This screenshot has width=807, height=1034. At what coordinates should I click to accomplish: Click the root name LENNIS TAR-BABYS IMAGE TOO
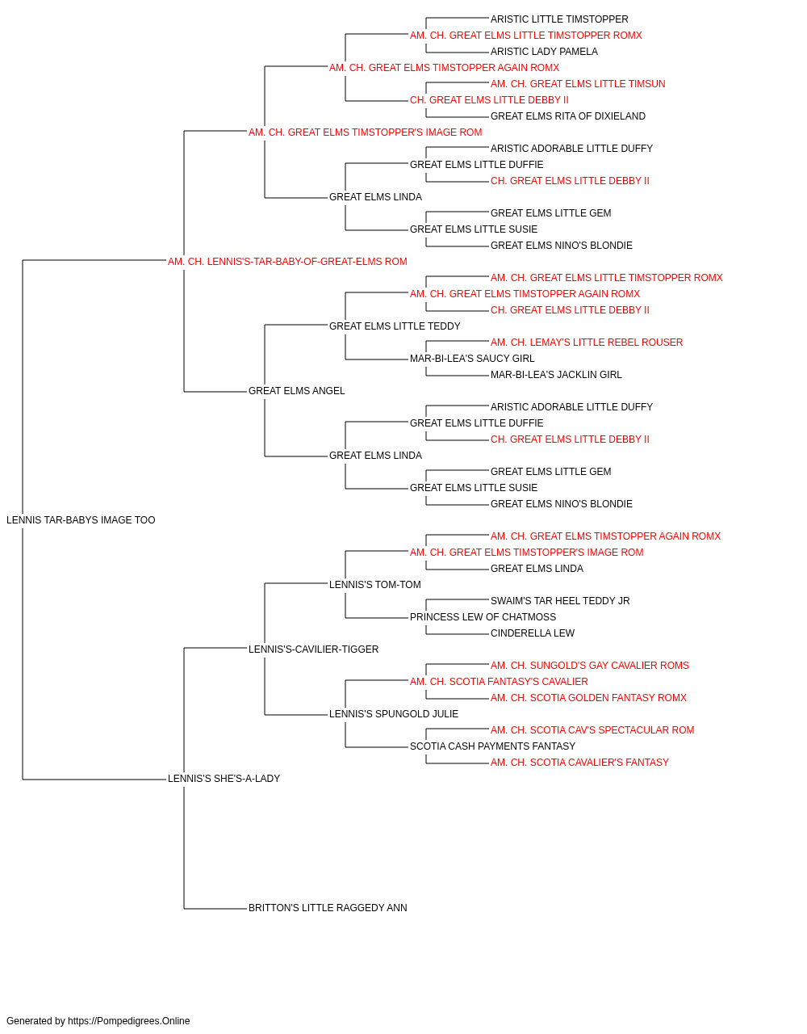81,520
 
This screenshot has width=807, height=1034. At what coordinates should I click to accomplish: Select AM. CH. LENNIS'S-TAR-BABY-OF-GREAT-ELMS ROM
287,262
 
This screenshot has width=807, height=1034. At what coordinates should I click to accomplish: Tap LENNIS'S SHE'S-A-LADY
224,779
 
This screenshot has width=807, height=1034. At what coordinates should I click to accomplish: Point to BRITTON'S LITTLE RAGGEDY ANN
328,908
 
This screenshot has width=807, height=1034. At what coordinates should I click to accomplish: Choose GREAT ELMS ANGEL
296,391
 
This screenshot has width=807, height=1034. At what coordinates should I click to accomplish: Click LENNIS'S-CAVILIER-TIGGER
313,649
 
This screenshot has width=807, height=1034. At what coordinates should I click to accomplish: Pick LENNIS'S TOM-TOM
375,585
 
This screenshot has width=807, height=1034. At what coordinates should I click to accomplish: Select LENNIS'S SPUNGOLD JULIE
394,714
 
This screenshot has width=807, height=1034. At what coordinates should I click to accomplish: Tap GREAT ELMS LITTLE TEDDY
395,326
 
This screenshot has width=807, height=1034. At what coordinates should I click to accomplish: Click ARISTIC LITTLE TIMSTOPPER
559,19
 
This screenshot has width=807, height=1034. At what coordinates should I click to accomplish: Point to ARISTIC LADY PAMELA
544,52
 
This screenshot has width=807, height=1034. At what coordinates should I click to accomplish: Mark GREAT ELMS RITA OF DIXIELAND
568,116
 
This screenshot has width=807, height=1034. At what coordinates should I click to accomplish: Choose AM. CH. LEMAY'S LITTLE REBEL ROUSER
587,343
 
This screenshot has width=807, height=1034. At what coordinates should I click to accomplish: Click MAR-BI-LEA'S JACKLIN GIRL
556,375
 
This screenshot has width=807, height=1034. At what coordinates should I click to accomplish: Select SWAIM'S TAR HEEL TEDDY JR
560,601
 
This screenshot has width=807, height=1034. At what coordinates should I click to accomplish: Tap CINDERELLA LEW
533,633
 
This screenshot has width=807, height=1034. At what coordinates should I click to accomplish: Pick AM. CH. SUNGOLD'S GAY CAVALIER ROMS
590,666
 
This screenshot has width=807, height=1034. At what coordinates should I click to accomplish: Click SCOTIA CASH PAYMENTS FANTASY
492,746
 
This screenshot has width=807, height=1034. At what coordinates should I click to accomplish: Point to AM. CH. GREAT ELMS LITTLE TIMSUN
578,84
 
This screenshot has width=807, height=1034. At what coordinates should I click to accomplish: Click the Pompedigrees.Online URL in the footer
129,1021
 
